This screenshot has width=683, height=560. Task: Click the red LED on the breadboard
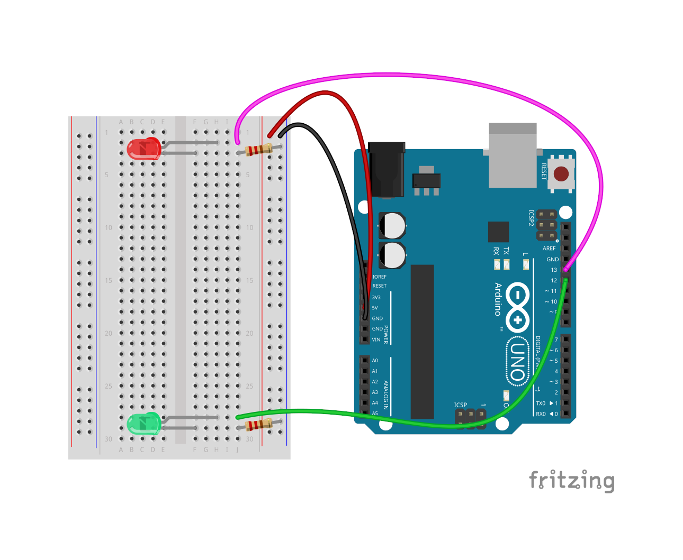pyautogui.click(x=143, y=149)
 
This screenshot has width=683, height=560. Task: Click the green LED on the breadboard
pyautogui.click(x=143, y=424)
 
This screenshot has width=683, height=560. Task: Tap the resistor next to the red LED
pyautogui.click(x=259, y=150)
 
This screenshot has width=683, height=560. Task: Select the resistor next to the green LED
pyautogui.click(x=259, y=424)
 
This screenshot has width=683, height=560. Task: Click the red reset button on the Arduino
pyautogui.click(x=561, y=173)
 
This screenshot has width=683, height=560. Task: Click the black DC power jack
pyautogui.click(x=387, y=169)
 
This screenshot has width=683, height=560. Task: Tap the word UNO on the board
pyautogui.click(x=517, y=362)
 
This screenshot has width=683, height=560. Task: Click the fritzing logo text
pyautogui.click(x=572, y=481)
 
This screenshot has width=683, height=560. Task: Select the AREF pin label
pyautogui.click(x=549, y=249)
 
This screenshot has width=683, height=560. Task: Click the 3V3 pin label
pyautogui.click(x=376, y=298)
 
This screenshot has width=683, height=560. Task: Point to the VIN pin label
pyautogui.click(x=376, y=340)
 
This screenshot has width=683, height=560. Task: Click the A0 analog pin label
pyautogui.click(x=375, y=361)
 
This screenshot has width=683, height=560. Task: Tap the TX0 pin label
pyautogui.click(x=541, y=403)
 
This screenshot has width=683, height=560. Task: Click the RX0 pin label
pyautogui.click(x=541, y=414)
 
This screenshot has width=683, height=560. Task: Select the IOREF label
pyautogui.click(x=379, y=277)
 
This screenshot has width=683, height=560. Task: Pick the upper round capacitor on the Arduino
pyautogui.click(x=392, y=226)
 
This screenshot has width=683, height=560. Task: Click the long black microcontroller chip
pyautogui.click(x=422, y=341)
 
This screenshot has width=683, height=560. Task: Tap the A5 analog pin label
pyautogui.click(x=375, y=414)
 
